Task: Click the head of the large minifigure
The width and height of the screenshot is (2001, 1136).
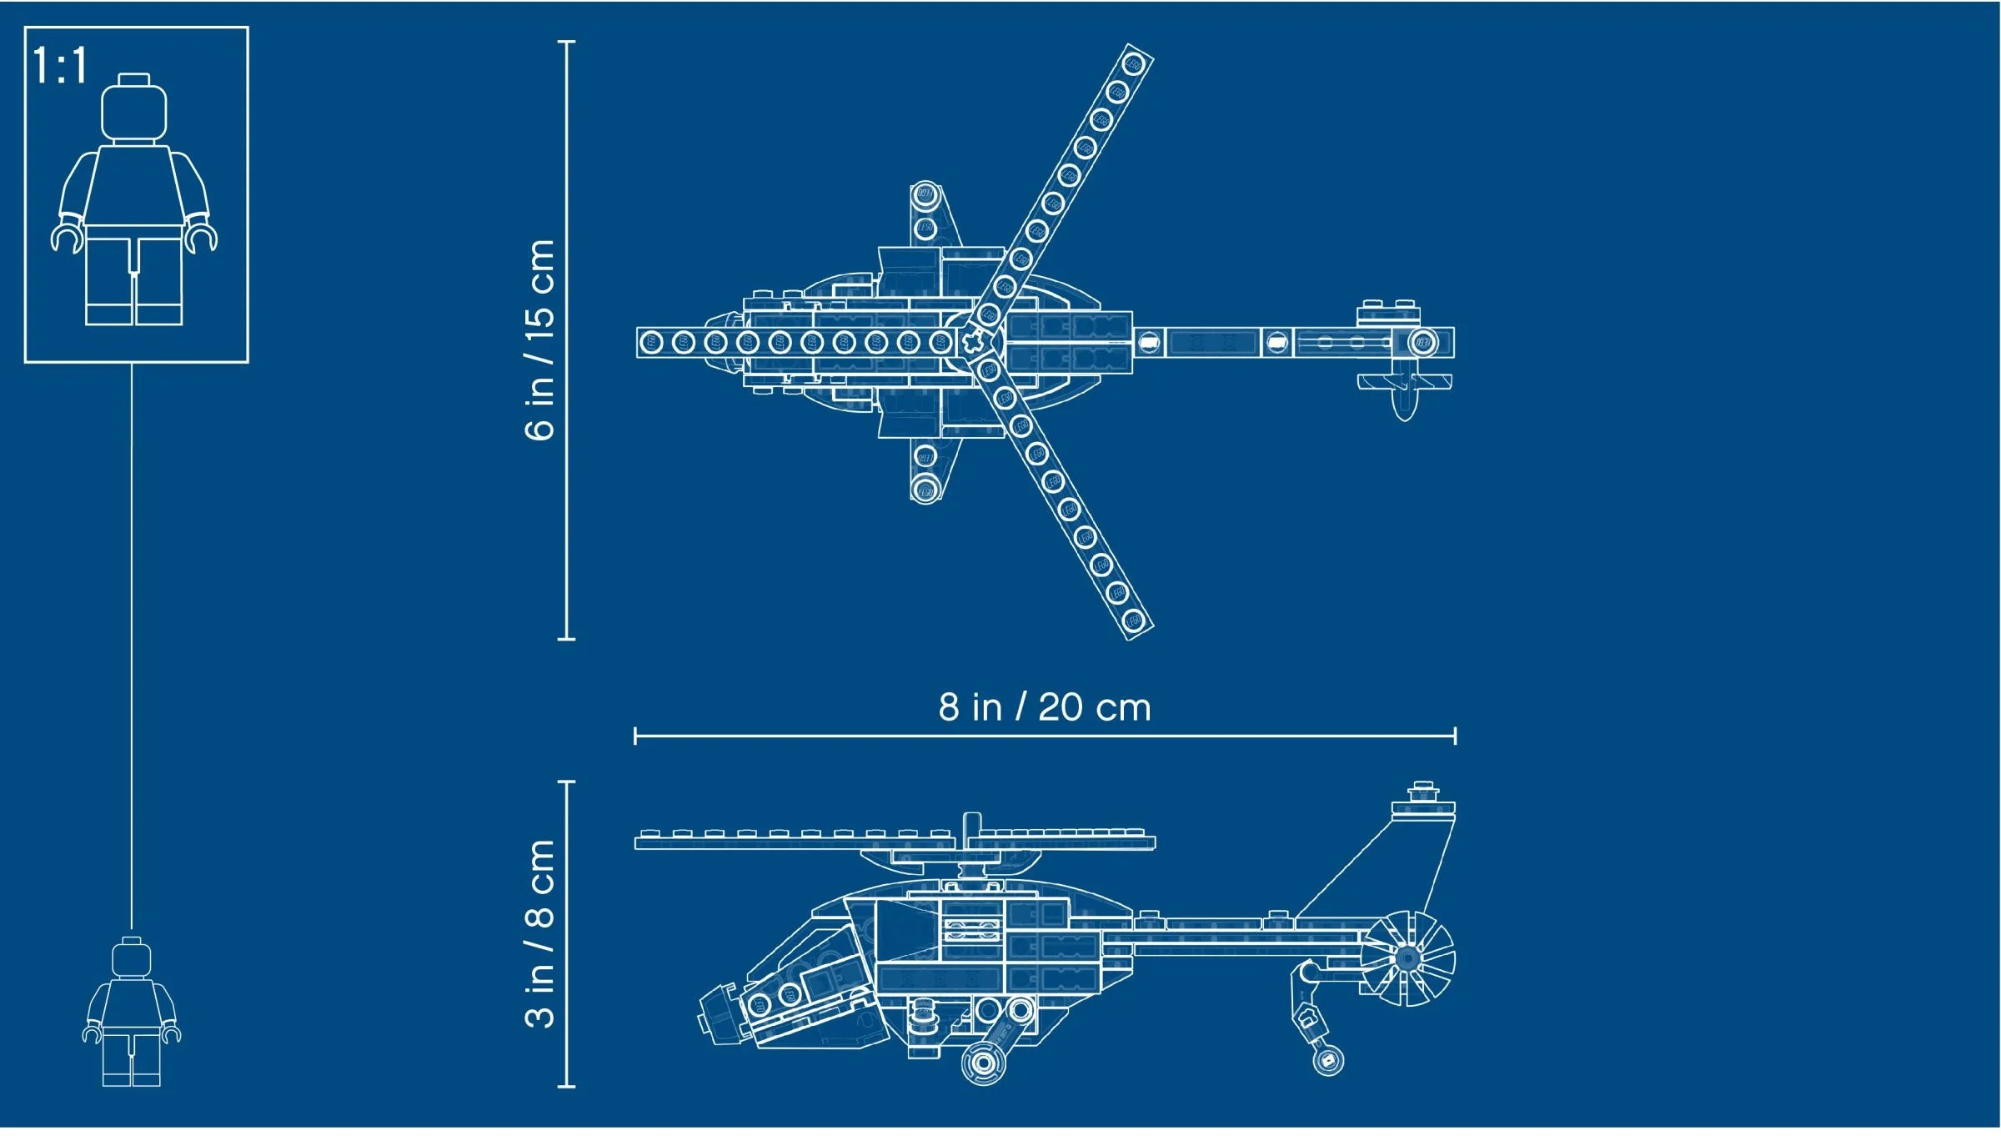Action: pos(133,110)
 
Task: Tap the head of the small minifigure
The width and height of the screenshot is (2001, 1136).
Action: pos(131,958)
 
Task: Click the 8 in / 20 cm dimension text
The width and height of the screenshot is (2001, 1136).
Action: pos(1044,707)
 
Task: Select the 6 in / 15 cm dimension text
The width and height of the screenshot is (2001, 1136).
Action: pos(539,339)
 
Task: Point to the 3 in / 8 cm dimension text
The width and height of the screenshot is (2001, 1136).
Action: pos(539,933)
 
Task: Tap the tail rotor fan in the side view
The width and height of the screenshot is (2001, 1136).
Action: pos(1407,958)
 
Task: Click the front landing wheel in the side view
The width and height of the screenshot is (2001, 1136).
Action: pos(983,1063)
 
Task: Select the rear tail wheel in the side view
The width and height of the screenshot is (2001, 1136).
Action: pos(1327,1060)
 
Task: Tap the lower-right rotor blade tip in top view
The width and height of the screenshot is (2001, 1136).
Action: pos(1133,620)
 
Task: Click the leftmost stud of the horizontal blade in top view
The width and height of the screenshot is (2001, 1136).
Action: pos(651,343)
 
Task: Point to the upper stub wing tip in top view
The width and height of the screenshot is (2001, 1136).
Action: pos(925,196)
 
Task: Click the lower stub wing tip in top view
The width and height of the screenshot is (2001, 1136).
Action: pos(925,490)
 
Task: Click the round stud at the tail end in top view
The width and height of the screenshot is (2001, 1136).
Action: pos(1422,343)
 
